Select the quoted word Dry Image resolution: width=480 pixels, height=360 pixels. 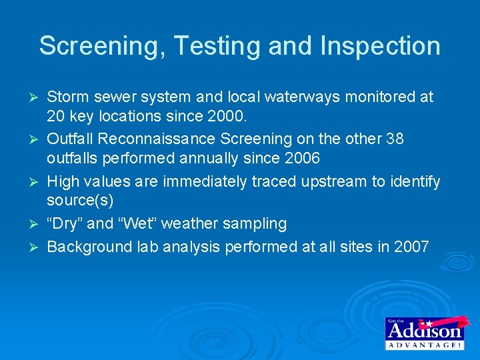click(64, 223)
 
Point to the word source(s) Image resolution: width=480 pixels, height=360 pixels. click(81, 201)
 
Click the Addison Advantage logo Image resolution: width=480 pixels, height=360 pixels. click(425, 332)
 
